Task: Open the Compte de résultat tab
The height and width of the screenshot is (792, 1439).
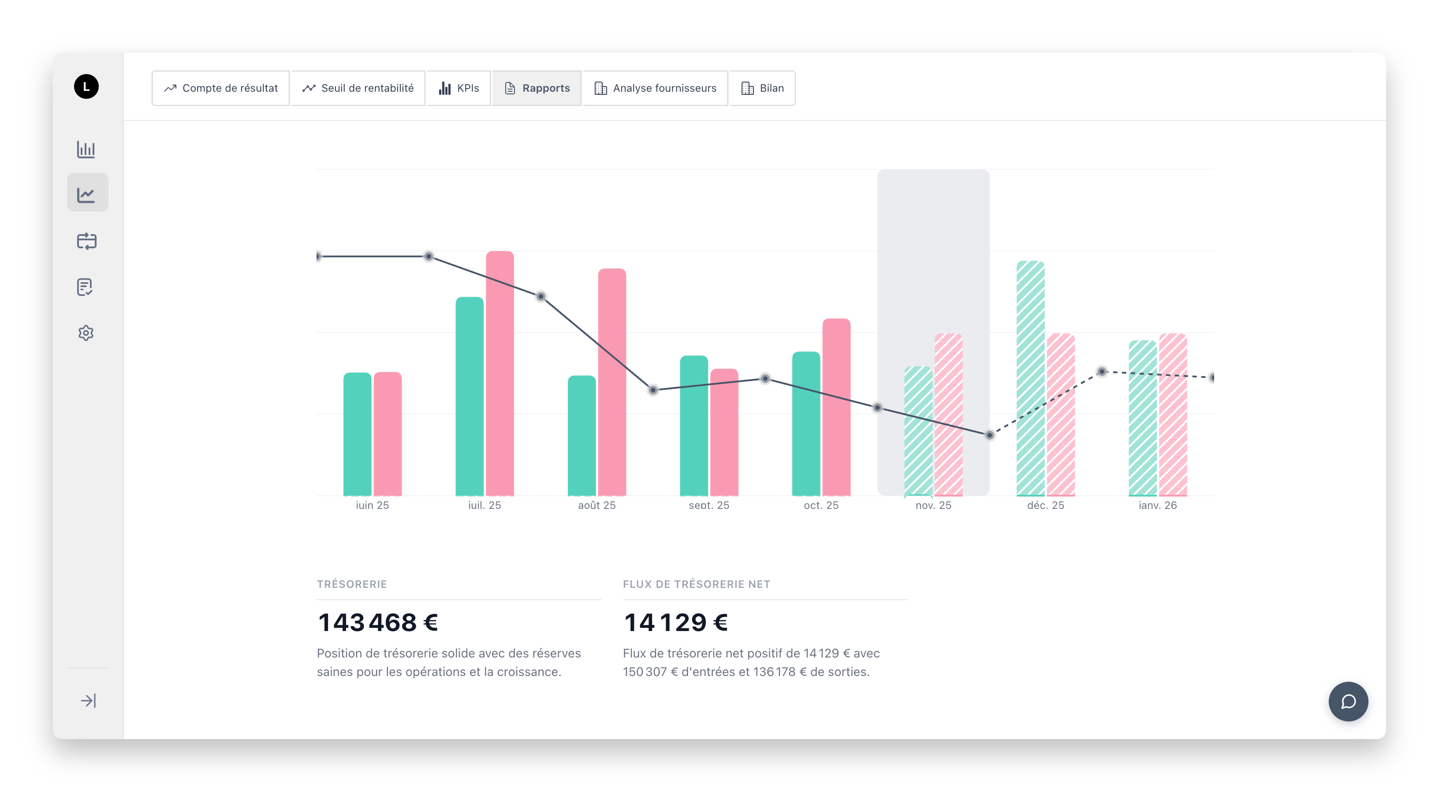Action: click(x=220, y=88)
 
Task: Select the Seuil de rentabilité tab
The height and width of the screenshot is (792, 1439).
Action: click(x=358, y=88)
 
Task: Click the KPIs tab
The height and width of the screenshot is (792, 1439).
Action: click(x=459, y=88)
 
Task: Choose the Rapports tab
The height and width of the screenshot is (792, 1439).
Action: click(x=537, y=88)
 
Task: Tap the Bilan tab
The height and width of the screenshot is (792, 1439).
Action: click(x=763, y=88)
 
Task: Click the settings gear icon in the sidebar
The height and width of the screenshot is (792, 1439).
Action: click(x=86, y=333)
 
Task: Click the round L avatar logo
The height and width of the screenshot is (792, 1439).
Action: click(x=86, y=86)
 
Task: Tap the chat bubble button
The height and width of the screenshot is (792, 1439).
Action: click(x=1348, y=702)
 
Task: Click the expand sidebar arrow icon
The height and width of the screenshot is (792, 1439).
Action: click(x=88, y=700)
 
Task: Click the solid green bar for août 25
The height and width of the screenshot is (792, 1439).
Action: click(x=582, y=436)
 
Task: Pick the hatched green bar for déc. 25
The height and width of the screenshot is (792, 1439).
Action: click(x=1030, y=378)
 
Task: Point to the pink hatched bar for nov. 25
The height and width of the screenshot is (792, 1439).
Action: click(x=949, y=414)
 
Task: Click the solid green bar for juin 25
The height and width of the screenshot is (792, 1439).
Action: click(x=357, y=434)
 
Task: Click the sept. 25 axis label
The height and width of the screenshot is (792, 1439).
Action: click(x=709, y=505)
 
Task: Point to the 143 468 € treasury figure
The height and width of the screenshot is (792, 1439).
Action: click(x=378, y=623)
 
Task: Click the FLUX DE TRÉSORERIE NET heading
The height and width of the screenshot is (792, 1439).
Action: click(x=696, y=584)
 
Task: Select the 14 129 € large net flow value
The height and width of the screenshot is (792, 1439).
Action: click(x=675, y=623)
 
